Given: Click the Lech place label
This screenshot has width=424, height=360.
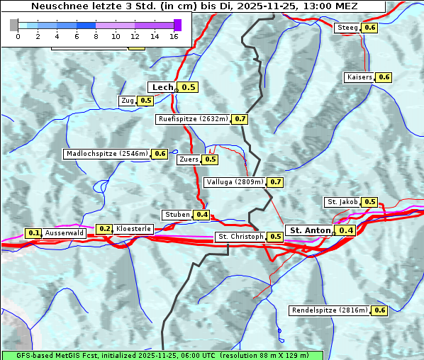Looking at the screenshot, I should [162, 87].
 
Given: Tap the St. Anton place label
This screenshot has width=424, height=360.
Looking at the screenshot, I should [311, 230].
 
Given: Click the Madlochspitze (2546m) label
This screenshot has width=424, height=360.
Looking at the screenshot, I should [106, 154].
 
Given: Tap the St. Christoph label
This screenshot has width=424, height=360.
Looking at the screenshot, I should [240, 237].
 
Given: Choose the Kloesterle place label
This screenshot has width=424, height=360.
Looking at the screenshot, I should [133, 229].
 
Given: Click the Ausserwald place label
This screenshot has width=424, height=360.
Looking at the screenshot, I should [65, 233].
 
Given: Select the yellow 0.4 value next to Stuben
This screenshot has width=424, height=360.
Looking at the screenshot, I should [202, 215].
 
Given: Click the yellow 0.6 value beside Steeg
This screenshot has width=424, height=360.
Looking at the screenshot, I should [369, 28].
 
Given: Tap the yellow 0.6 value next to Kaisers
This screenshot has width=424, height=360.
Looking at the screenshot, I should [384, 77].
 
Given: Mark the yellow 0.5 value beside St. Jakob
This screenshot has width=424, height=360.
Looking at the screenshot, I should [369, 202].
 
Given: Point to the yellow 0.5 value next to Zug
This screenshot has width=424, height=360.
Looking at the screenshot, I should [145, 101].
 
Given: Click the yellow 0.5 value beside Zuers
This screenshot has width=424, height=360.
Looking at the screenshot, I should [211, 159].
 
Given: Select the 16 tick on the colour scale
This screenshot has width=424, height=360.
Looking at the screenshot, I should [174, 35].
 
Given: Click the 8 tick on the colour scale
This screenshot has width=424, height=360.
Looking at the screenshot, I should [96, 35].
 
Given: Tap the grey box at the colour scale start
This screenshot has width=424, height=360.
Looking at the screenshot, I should [14, 25].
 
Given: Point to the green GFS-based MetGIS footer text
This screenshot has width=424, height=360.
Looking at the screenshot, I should [162, 354].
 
